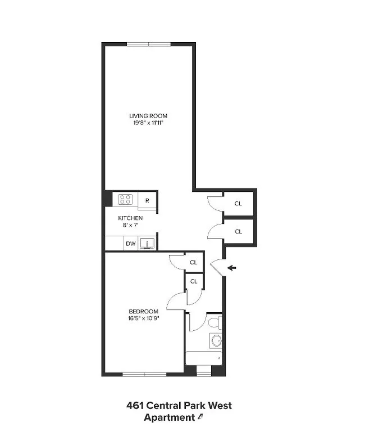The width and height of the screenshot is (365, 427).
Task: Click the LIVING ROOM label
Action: coord(148,116)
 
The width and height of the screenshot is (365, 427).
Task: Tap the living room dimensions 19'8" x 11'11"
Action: coord(148,123)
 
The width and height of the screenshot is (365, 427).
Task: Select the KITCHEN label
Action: coord(130,218)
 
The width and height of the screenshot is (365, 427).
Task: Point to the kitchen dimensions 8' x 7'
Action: coord(130,225)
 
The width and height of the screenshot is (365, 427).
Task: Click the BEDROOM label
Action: coord(143,311)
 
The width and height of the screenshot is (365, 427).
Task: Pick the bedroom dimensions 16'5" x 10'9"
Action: coord(143,318)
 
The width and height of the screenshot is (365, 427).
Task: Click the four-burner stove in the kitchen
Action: coord(125,199)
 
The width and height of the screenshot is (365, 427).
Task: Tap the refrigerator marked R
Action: coord(147,200)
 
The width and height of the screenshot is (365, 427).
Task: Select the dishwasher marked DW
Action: coord(130,244)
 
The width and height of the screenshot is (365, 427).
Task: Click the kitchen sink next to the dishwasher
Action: coord(148,243)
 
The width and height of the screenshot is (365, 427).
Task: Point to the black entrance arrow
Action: coord(232,268)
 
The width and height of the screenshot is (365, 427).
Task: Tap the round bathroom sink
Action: coord(216,340)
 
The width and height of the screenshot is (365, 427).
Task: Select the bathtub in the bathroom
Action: coord(204,358)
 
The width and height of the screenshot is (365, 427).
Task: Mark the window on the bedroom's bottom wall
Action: coord(145,374)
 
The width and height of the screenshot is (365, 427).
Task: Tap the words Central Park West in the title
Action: coord(193,405)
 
